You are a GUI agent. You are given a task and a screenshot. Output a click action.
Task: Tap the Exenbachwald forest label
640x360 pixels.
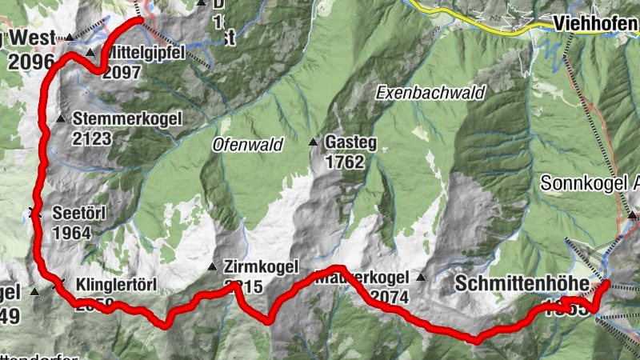point(430,93)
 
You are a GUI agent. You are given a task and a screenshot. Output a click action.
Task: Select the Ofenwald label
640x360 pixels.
point(249,145)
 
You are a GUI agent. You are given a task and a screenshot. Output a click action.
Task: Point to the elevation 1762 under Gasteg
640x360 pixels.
point(345,162)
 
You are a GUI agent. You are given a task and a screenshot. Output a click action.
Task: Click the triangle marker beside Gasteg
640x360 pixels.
point(314,142)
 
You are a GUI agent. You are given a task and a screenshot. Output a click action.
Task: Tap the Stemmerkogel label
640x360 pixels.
point(127,119)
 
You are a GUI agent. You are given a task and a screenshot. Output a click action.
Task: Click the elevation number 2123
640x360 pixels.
point(92,138)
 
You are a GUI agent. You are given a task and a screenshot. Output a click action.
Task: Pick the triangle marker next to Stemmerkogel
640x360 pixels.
point(61,119)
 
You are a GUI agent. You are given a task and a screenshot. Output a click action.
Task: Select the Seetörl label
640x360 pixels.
point(78,214)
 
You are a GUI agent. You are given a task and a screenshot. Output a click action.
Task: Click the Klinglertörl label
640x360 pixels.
point(115,284)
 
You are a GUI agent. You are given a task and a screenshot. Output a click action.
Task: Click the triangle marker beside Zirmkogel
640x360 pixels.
point(212,266)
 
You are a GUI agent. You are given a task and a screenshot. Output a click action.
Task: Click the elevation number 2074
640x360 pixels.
point(388,297)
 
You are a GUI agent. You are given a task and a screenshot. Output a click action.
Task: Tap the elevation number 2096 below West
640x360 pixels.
point(31,62)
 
